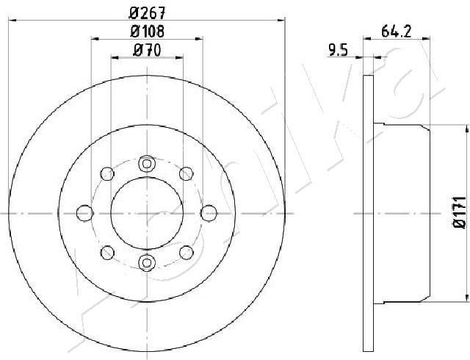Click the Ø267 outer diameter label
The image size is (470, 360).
coord(147,12)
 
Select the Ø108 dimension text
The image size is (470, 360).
coord(147,31)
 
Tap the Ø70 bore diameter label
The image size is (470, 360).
coord(147,50)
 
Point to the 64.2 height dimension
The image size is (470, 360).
coord(396,31)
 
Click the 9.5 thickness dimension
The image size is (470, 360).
coord(338,50)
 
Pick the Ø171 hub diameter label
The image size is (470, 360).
coord(459,212)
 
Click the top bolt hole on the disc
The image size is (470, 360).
coord(147,164)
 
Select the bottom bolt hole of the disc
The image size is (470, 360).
coord(147,262)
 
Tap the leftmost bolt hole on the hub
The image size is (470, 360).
coord(85,213)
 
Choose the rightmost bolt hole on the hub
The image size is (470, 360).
coord(209,213)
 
